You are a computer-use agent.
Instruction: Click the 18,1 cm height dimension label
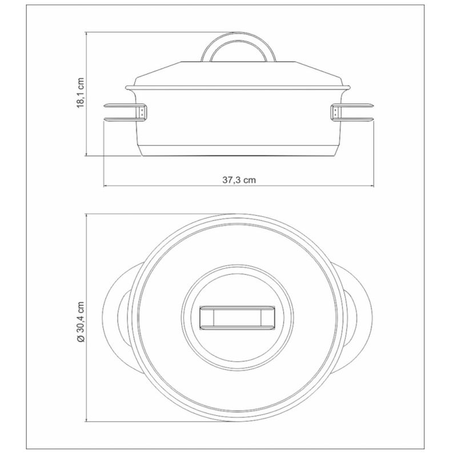click(81, 93)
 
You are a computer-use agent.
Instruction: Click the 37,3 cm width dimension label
click(239, 180)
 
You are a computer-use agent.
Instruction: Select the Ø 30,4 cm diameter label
click(81, 322)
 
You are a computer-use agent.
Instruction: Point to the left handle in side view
click(125, 112)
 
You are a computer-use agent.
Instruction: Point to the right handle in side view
click(352, 112)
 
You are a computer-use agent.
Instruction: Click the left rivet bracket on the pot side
click(142, 112)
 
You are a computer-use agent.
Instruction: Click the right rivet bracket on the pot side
click(335, 112)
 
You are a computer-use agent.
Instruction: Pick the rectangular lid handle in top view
click(237, 318)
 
